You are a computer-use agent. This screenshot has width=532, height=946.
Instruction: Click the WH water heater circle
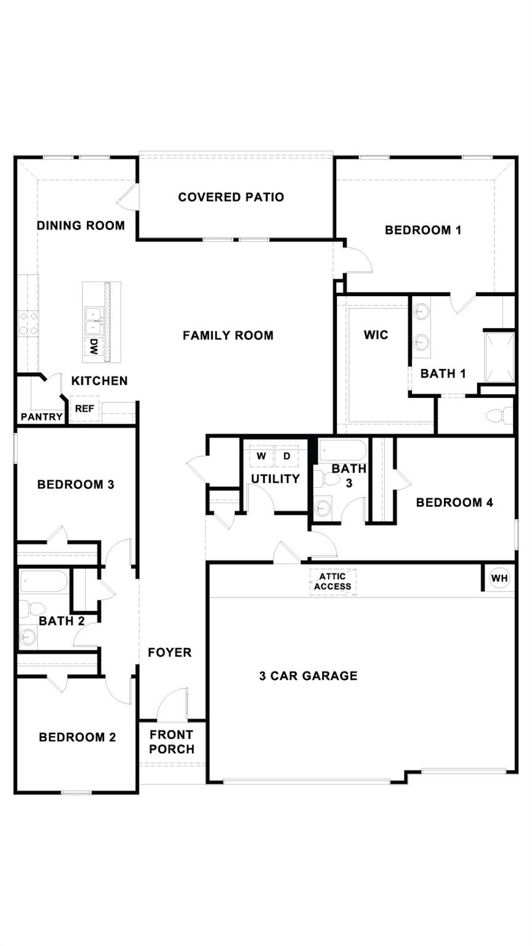click(499, 578)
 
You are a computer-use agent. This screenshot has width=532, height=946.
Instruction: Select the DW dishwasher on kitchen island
click(94, 349)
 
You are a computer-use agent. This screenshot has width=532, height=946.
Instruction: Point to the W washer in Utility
click(262, 456)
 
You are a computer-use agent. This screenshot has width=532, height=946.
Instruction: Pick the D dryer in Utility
click(286, 456)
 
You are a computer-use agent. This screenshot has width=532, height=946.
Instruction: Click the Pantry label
click(41, 417)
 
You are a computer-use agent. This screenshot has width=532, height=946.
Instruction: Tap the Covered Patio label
click(231, 197)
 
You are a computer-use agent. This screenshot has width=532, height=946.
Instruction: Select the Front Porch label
click(172, 742)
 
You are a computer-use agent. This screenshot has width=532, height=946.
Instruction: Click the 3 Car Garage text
click(308, 676)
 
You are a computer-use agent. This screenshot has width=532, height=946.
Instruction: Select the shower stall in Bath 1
click(499, 357)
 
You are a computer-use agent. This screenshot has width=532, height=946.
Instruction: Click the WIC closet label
click(376, 335)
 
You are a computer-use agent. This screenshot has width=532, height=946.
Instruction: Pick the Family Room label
click(228, 336)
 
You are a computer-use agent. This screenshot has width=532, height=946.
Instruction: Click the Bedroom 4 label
click(454, 503)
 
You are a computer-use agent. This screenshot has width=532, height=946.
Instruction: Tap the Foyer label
click(169, 652)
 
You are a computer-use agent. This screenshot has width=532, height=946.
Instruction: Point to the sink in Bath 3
click(323, 508)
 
